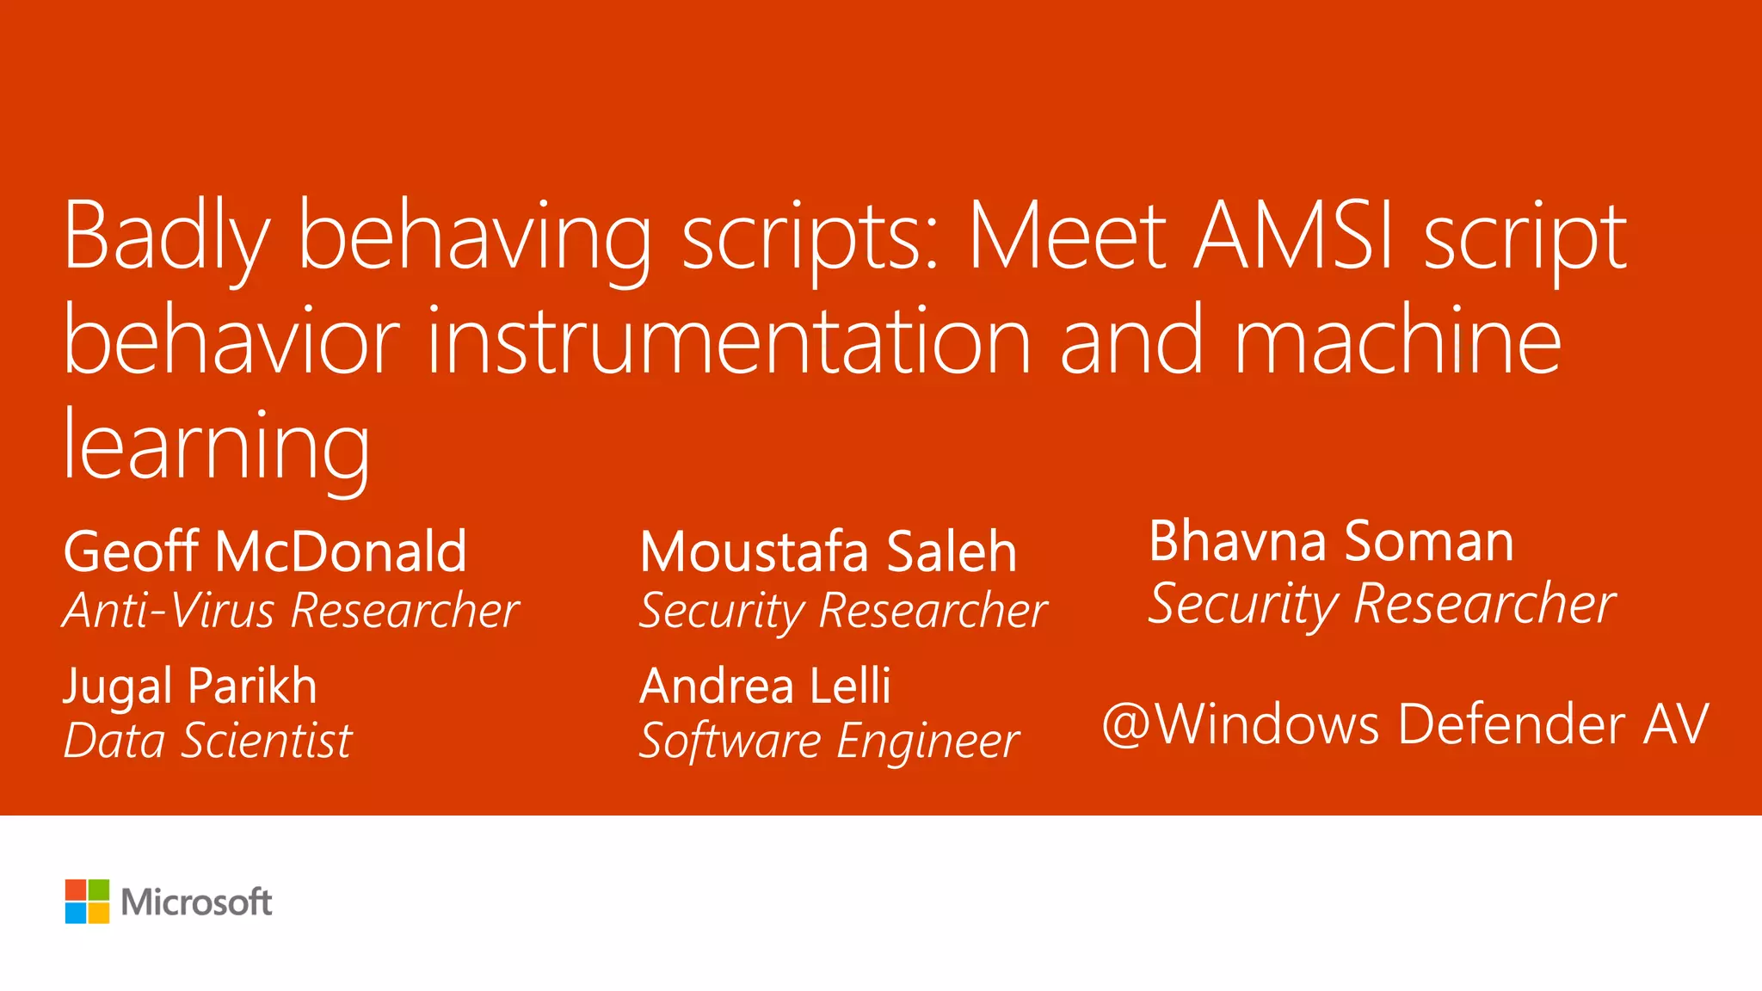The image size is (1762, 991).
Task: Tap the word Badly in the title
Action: (x=166, y=237)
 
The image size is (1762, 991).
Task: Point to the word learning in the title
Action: (x=217, y=447)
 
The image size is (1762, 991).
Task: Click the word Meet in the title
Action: (x=1067, y=237)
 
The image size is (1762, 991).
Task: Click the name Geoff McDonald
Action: (x=265, y=551)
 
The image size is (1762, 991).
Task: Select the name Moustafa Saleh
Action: (x=829, y=551)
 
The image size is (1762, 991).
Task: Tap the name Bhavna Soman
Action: (x=1331, y=542)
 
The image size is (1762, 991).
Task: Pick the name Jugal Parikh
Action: (x=190, y=686)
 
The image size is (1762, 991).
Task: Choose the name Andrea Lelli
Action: (x=765, y=686)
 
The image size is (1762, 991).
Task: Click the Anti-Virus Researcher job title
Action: (x=291, y=611)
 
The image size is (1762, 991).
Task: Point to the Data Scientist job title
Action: (x=207, y=741)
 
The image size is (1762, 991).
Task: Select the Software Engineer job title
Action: (x=829, y=741)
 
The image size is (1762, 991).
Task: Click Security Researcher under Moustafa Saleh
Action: (x=843, y=611)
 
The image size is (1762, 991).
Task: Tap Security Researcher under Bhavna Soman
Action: (x=1382, y=604)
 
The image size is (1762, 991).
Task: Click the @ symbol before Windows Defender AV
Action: (x=1126, y=724)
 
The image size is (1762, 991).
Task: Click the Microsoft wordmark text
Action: (x=196, y=902)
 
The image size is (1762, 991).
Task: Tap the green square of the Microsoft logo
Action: (x=99, y=889)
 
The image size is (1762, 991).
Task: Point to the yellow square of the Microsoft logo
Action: (x=99, y=913)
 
